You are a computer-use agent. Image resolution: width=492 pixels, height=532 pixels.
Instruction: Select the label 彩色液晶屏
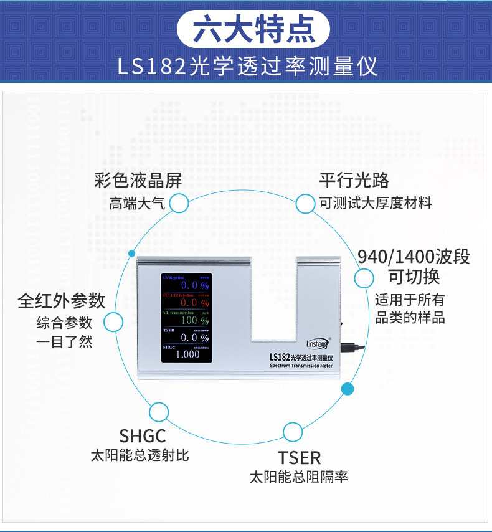[x=138, y=181]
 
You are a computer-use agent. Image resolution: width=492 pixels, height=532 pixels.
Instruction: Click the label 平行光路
[x=354, y=181]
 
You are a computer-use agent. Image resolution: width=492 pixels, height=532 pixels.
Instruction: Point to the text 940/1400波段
[x=414, y=257]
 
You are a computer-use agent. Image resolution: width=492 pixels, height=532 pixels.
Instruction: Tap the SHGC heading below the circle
[x=143, y=435]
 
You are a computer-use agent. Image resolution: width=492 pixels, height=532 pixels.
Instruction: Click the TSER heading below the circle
[x=300, y=458]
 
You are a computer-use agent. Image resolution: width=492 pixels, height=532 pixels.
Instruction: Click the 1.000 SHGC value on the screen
[x=187, y=354]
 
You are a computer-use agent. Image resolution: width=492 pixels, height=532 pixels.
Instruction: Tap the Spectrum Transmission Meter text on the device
[x=301, y=366]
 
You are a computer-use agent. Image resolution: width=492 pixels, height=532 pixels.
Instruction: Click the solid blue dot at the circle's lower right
[x=348, y=389]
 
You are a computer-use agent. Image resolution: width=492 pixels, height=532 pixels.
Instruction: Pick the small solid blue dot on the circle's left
[x=131, y=254]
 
